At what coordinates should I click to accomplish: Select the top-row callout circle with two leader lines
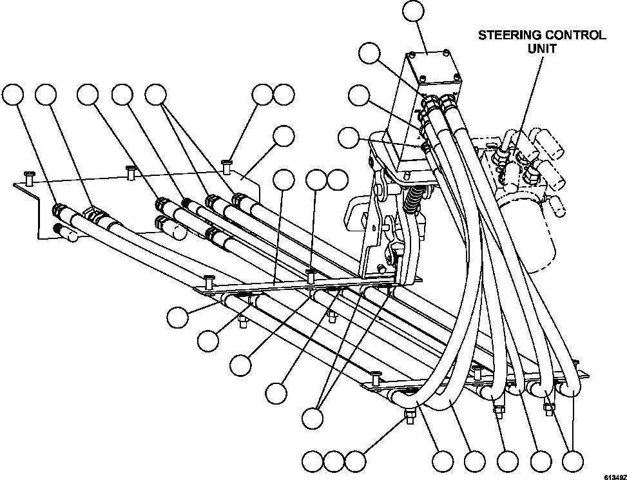point(155,95)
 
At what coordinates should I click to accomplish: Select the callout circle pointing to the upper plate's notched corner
point(284,136)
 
